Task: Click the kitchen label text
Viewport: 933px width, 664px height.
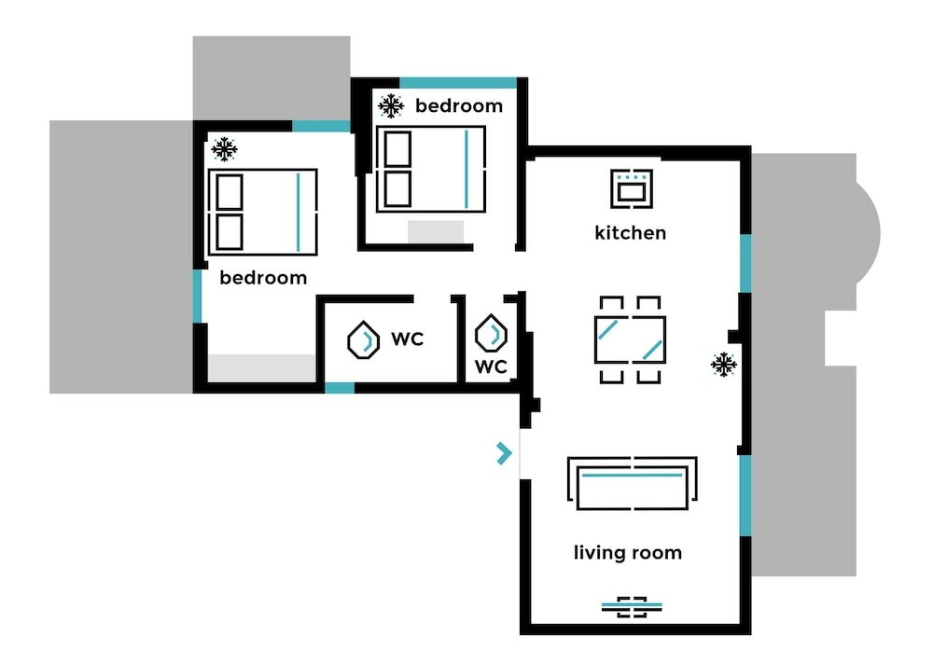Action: coord(630,232)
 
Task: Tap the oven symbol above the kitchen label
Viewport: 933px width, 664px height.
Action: coord(631,187)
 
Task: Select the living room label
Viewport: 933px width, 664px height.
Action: coord(627,553)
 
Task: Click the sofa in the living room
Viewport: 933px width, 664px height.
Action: coord(633,482)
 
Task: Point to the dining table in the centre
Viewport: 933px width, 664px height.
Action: coord(630,339)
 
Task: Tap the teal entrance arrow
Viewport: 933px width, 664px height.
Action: coord(504,454)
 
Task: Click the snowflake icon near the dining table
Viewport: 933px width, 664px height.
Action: coord(723,365)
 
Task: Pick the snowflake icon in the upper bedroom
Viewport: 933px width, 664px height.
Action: coord(391,105)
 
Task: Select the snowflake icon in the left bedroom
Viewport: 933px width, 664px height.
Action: coord(224,149)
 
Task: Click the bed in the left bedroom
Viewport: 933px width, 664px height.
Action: coord(263,212)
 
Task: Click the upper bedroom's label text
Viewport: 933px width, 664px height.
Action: coord(459,105)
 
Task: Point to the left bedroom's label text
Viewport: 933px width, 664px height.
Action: coord(263,278)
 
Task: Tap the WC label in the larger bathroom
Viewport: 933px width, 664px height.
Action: coord(407,339)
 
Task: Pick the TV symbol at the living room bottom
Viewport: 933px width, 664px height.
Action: coord(632,607)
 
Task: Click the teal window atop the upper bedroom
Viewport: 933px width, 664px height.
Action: coord(458,83)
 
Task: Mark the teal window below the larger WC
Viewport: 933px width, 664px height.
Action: coord(340,388)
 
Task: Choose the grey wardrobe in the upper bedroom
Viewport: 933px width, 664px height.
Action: coord(436,231)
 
